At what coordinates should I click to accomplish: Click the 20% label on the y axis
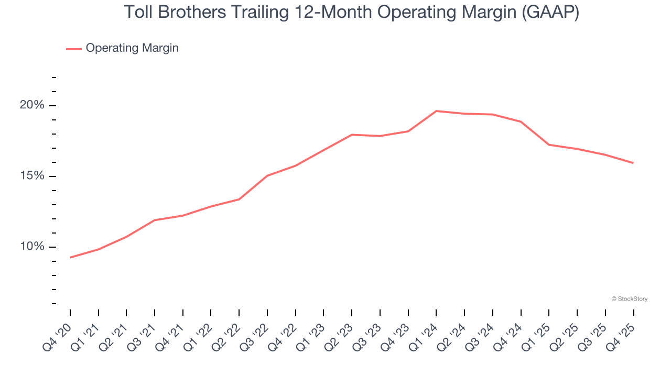pos(32,105)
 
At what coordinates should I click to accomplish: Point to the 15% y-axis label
pos(32,176)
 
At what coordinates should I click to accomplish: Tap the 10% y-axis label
pos(32,247)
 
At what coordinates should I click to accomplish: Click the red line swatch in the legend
pos(73,49)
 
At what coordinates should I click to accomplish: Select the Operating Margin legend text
pos(132,48)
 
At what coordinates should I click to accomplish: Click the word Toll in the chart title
pos(137,13)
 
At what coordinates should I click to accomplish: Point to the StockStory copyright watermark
pos(629,299)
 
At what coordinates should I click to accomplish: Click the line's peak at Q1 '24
pos(436,111)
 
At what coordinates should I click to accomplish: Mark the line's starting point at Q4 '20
pos(70,257)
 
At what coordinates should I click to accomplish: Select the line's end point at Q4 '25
pos(633,163)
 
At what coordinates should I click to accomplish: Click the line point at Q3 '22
pos(267,175)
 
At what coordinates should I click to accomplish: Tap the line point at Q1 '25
pos(549,145)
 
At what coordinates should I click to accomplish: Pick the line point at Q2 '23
pos(352,135)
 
